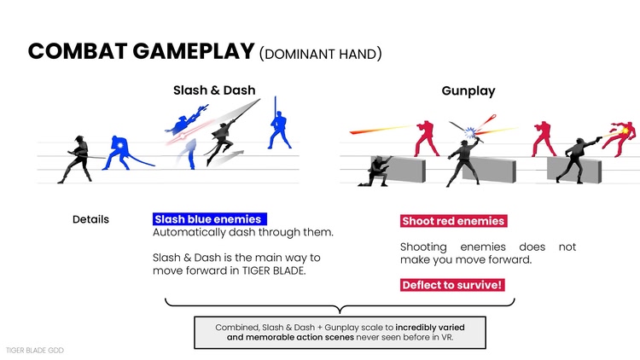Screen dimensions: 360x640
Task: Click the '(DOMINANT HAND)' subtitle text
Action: (x=319, y=53)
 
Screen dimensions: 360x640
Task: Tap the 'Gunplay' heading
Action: (x=468, y=90)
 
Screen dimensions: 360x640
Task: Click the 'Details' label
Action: (x=90, y=219)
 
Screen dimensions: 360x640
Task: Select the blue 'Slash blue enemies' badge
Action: (x=207, y=219)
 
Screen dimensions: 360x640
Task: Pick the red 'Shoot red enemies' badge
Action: (x=453, y=221)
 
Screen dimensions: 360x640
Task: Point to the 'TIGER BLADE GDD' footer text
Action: (x=35, y=350)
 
